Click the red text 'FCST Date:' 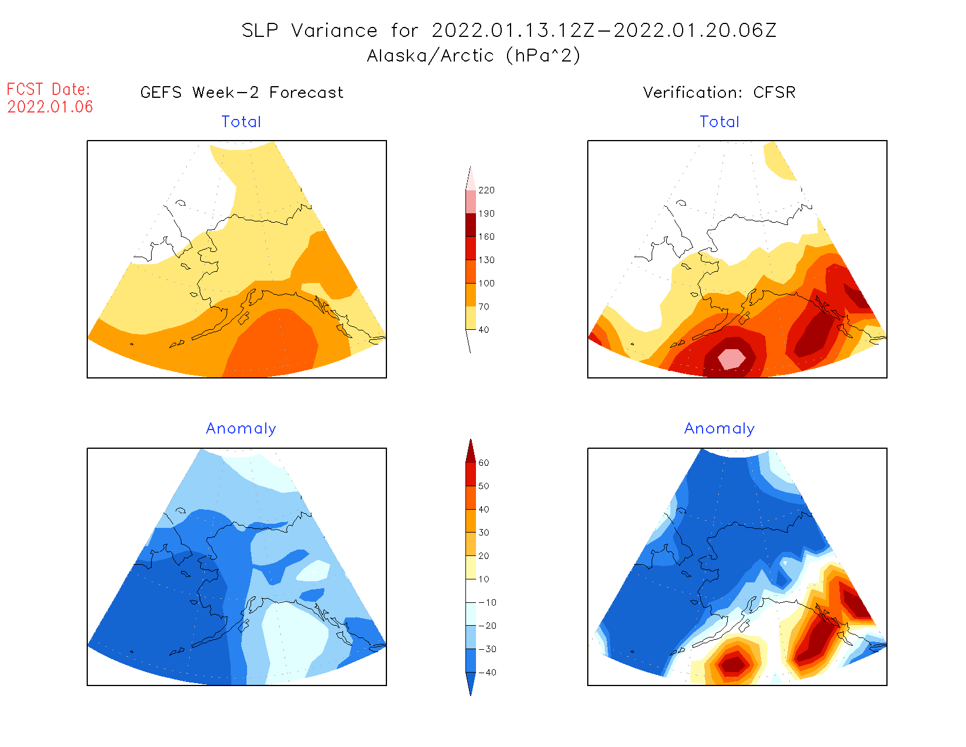coord(49,89)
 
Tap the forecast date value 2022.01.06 coord(50,107)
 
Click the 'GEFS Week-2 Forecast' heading coord(242,93)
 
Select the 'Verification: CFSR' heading coord(719,93)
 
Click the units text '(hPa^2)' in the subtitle coord(543,56)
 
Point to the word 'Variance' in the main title coord(334,30)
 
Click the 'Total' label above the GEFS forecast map coord(241,122)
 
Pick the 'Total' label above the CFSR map coord(720,122)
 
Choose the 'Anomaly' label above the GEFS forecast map coord(241,429)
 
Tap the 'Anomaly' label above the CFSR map coord(720,429)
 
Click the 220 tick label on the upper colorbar coord(487,190)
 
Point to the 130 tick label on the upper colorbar coord(487,260)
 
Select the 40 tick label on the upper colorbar coord(484,330)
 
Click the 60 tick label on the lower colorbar coord(484,463)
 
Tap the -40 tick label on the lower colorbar coord(487,673)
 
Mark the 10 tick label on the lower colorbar coord(484,579)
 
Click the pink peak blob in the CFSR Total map coord(732,358)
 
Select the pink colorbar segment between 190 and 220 coord(471,202)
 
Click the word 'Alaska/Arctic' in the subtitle coord(430,56)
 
